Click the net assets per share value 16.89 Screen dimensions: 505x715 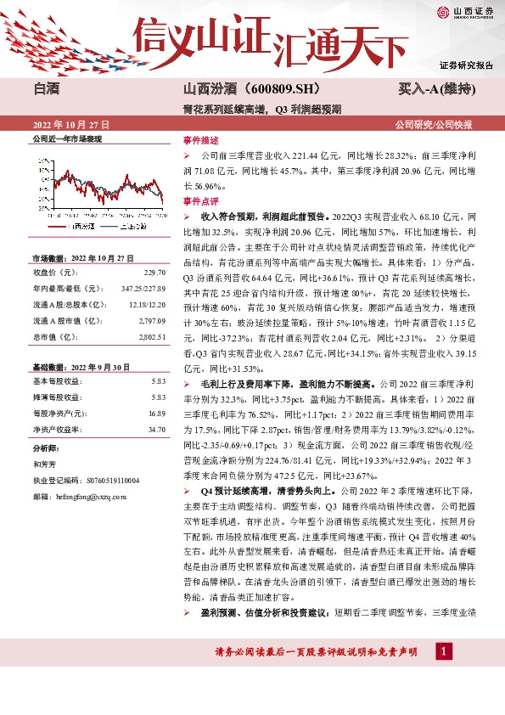point(155,413)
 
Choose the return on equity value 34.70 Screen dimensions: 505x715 point(155,430)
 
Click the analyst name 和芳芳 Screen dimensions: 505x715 point(44,464)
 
